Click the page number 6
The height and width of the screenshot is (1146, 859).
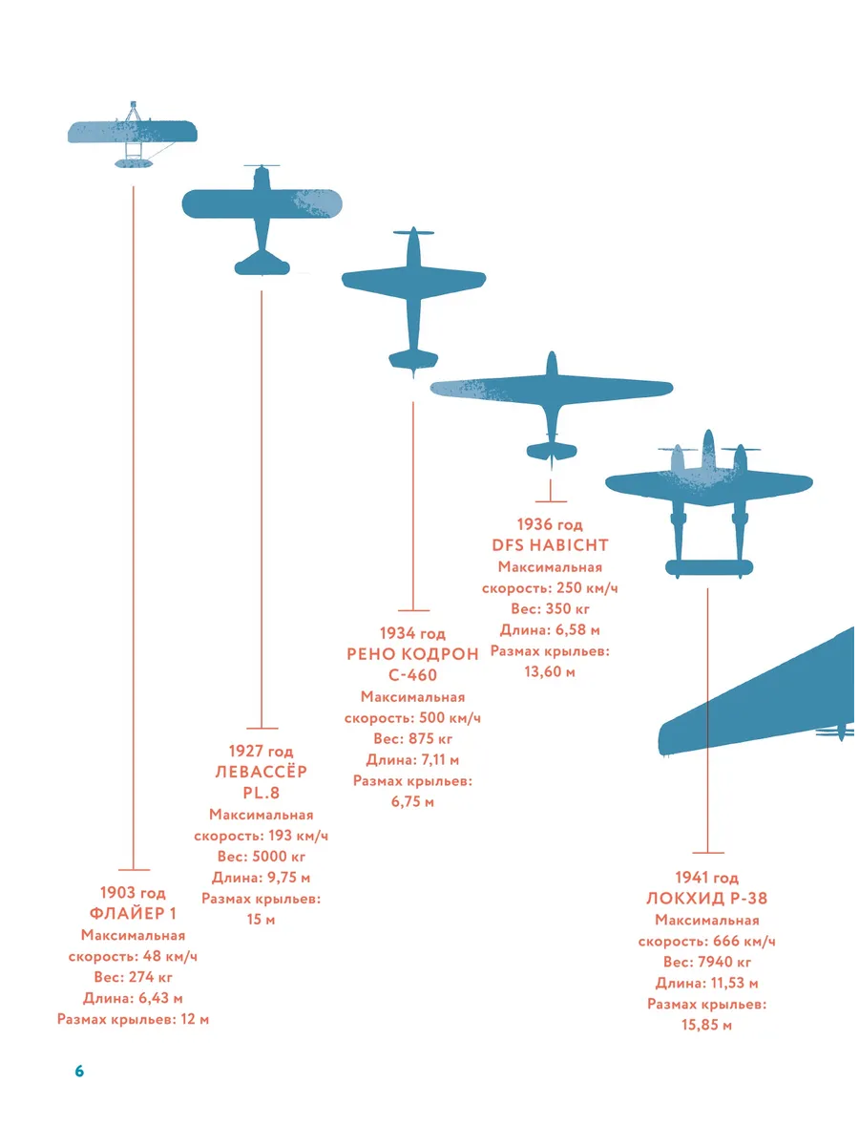(x=79, y=1071)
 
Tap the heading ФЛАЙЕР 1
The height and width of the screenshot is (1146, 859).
(x=133, y=913)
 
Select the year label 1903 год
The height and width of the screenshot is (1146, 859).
(x=133, y=892)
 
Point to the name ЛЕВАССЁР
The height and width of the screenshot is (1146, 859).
(x=262, y=772)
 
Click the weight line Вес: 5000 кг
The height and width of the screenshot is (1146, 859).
(x=262, y=857)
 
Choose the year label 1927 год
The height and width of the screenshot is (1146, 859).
(x=262, y=751)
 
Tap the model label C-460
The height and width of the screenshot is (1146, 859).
(x=412, y=675)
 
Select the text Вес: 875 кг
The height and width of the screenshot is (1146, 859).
(x=412, y=739)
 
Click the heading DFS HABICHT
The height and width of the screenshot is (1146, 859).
(x=551, y=545)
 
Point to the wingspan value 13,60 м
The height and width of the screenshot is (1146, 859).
(x=551, y=671)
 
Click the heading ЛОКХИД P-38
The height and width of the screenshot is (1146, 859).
(x=707, y=898)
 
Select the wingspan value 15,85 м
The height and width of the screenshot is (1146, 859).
(x=707, y=1025)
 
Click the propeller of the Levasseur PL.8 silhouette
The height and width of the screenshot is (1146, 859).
(x=262, y=166)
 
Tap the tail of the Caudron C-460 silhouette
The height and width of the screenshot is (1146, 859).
(x=413, y=360)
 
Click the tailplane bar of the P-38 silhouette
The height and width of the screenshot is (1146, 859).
(x=709, y=567)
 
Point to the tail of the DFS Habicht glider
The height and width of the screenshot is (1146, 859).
(x=552, y=451)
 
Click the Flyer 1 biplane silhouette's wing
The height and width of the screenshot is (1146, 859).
(x=133, y=131)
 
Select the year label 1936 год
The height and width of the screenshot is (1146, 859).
(x=551, y=524)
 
